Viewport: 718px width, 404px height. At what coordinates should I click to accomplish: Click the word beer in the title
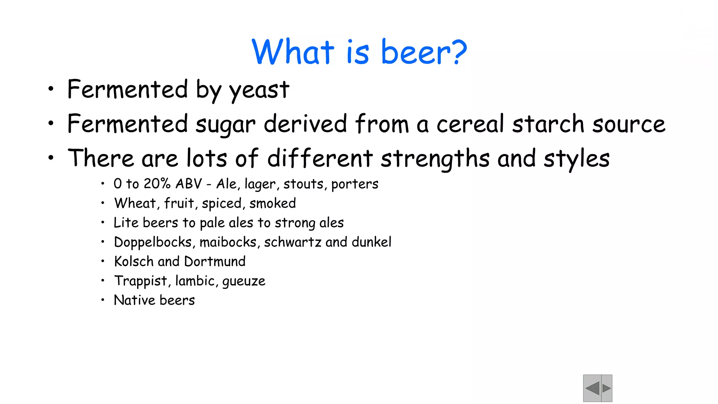416,52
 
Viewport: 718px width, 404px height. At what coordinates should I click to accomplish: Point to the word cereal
470,124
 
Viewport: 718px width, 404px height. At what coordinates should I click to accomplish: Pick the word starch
548,124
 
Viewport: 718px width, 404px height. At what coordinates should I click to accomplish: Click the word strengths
435,159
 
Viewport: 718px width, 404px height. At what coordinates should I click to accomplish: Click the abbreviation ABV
189,184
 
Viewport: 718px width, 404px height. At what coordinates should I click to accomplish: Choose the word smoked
273,203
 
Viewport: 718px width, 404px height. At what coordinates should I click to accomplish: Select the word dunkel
372,242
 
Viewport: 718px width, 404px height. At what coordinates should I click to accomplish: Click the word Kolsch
134,262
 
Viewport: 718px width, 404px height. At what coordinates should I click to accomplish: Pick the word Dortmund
215,262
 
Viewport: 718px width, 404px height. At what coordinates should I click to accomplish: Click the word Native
134,301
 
